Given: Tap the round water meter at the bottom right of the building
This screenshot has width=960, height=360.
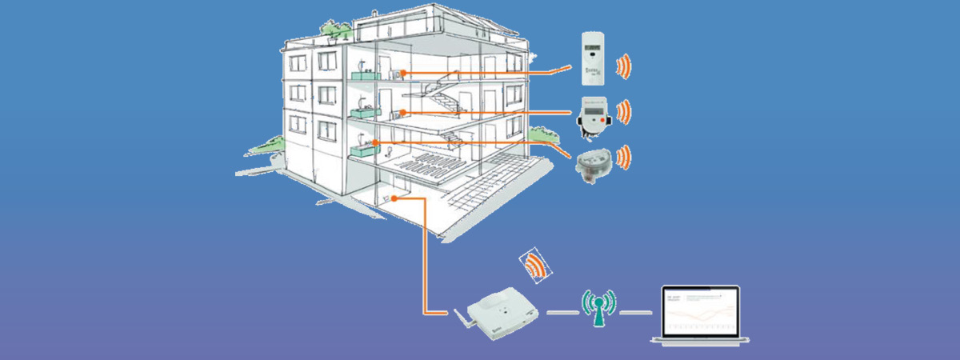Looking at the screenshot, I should point(592,162).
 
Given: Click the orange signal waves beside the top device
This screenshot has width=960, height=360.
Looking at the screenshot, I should point(624,66).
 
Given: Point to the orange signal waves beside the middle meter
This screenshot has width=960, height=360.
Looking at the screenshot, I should point(624,111).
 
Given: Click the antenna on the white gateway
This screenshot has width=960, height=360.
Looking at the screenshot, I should point(462,322).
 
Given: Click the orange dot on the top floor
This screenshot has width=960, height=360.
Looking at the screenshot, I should point(404,73).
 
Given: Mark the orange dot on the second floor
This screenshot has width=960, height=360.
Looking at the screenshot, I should point(404,112).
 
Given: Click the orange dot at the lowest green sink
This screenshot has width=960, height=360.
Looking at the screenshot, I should point(375,142).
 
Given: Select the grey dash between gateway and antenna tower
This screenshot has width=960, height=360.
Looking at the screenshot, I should point(562,312).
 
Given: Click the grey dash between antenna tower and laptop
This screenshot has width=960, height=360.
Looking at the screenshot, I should point(635,312).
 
